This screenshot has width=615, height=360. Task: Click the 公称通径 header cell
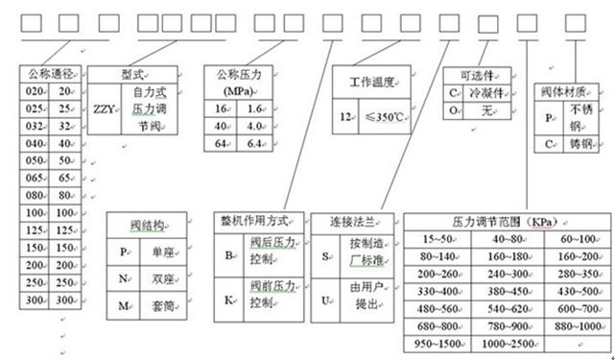[x=52, y=73]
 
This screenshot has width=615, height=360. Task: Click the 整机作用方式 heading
[x=260, y=221]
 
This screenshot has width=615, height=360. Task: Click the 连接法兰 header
[x=350, y=221]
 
